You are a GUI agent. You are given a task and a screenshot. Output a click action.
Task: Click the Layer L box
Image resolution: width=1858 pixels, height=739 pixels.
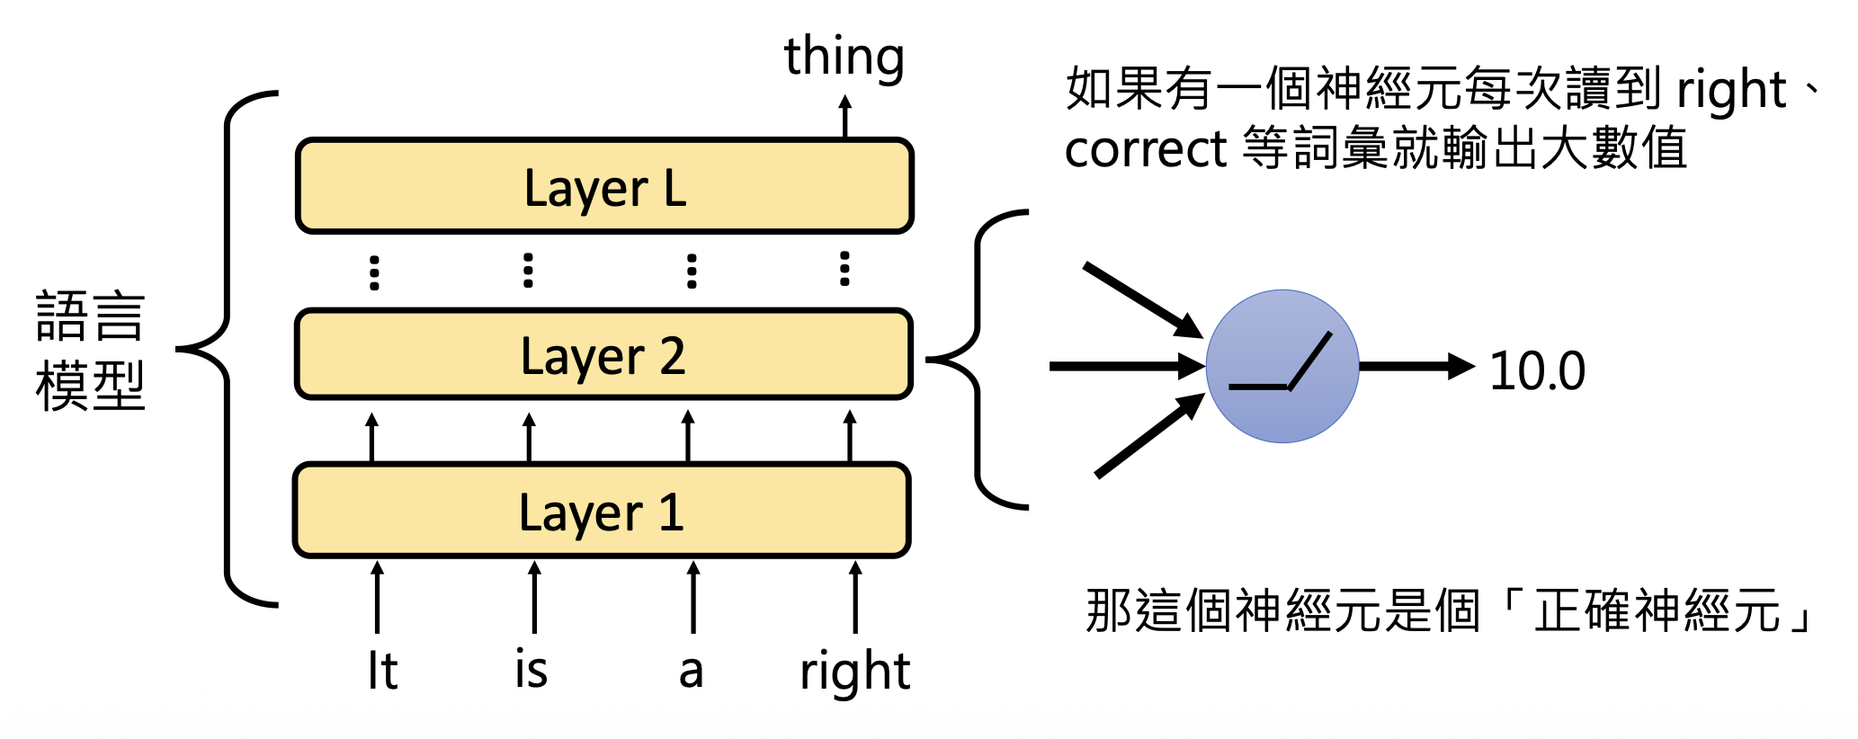point(604,186)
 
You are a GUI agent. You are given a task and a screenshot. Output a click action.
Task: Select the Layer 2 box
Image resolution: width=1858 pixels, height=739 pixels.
point(604,354)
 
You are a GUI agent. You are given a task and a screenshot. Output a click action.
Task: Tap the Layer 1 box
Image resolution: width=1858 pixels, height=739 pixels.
point(602,511)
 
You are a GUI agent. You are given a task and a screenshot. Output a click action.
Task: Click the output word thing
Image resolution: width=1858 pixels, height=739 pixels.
point(844,57)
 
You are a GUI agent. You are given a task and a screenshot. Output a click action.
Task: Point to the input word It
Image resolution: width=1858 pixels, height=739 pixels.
point(382,671)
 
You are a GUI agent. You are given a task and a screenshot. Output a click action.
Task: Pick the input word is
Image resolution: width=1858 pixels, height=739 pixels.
point(531,670)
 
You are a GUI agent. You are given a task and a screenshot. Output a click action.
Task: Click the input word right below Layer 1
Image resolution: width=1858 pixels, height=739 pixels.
point(854,672)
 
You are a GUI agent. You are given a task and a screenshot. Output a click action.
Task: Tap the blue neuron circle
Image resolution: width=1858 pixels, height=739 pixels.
point(1282,366)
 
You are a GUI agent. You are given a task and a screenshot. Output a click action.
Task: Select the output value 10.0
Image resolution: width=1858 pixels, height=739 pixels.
point(1537,370)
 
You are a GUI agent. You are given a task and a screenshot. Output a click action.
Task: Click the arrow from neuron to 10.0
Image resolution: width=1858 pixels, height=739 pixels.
point(1416,366)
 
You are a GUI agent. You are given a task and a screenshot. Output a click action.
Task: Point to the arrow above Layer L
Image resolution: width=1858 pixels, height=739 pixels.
point(844,116)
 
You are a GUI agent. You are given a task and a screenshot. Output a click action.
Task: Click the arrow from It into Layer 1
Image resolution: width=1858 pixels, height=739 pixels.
point(378,597)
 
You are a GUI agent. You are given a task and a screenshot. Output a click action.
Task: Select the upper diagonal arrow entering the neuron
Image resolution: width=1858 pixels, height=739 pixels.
point(1142,300)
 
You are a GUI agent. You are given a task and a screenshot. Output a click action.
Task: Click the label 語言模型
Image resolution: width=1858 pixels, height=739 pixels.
point(90,351)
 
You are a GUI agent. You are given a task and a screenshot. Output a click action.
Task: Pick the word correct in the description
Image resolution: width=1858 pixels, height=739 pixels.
point(1146,148)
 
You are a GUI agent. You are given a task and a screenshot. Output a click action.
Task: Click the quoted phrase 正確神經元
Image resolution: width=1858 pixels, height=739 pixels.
point(1658,610)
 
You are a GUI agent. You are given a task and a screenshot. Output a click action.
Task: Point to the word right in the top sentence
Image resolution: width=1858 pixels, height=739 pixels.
point(1730,90)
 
